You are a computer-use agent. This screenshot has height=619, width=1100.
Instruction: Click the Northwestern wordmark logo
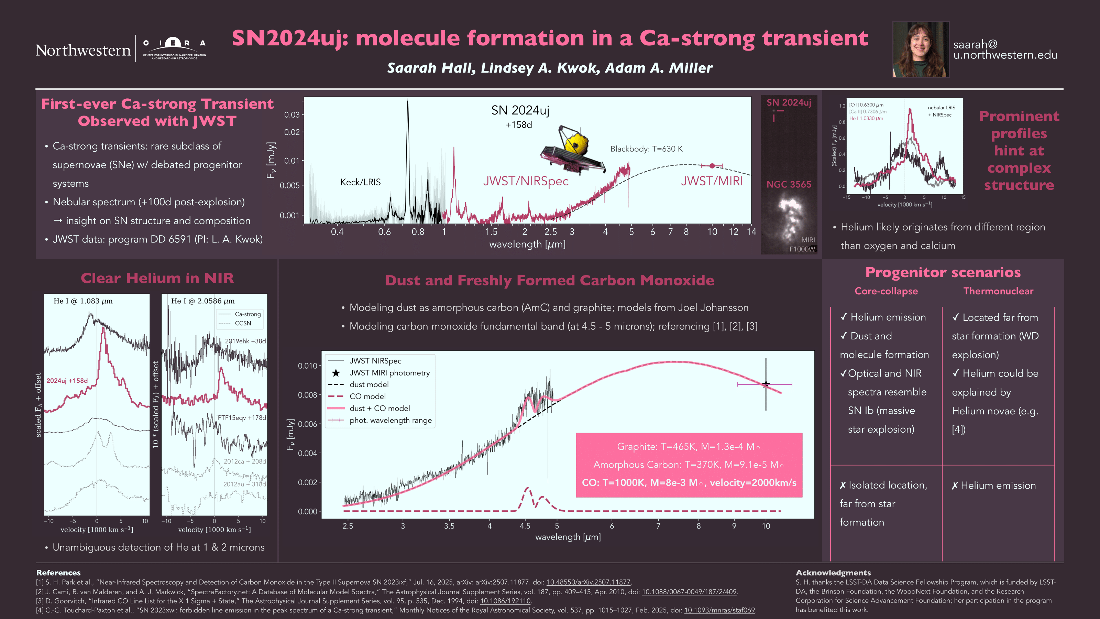(83, 51)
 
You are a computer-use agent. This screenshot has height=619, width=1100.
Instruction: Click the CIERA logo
(174, 48)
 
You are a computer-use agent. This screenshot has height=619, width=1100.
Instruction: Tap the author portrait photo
(921, 50)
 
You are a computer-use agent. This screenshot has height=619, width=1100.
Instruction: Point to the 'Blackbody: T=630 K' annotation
(646, 149)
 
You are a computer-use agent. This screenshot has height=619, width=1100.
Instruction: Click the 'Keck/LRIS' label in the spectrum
(360, 182)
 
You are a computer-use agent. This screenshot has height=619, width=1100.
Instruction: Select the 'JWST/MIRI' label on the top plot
(712, 181)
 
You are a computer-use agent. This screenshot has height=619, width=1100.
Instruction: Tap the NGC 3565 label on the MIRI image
(788, 185)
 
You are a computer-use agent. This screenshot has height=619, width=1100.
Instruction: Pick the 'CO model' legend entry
(367, 397)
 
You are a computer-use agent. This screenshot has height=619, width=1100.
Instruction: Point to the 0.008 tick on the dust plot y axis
(307, 395)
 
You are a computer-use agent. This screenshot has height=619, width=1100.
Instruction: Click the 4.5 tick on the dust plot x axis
(525, 526)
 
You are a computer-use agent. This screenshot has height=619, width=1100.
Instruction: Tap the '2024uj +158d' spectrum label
(67, 381)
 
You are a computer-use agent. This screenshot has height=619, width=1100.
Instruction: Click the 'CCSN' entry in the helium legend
(243, 323)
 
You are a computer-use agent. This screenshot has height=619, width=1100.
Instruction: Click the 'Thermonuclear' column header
(998, 291)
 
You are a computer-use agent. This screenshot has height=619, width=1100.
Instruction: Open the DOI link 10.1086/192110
(505, 601)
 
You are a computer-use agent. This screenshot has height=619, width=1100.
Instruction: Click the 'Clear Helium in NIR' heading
(157, 279)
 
